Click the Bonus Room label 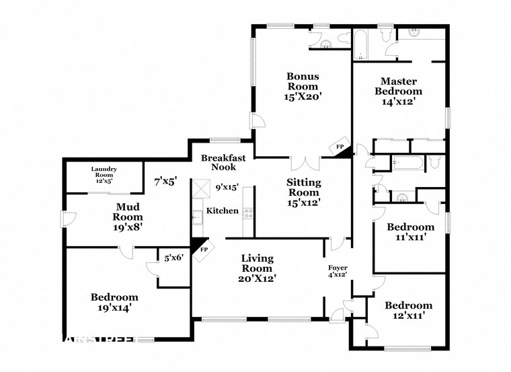point(303,81)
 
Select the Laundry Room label point(104,172)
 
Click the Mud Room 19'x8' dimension point(127,227)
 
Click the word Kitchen point(222,211)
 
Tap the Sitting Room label point(303,188)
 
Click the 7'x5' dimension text point(165,181)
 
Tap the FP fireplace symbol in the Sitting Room point(341,148)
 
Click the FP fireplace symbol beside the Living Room point(200,248)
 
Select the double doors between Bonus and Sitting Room point(305,163)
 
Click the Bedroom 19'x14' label point(114,302)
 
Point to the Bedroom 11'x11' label point(410,232)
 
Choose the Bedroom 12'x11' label point(408,310)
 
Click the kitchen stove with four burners point(248,214)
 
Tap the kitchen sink point(197,217)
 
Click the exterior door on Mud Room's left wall point(62,219)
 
